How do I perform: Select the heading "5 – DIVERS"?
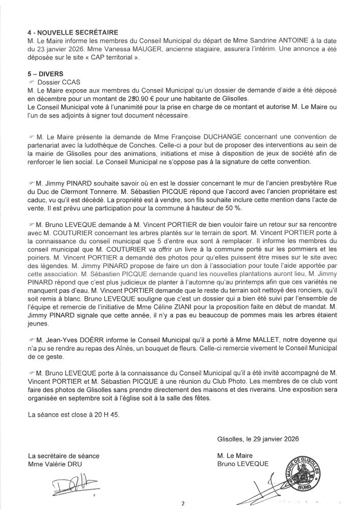tap(46, 73)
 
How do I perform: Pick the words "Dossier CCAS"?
tap(60, 81)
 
